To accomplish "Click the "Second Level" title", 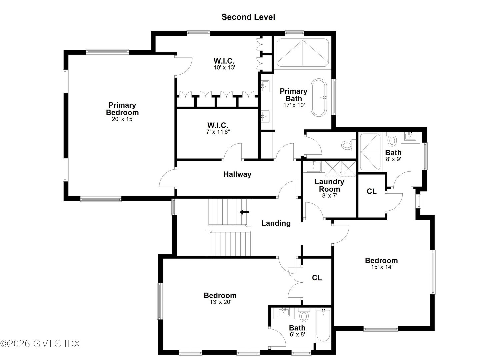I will [248, 17].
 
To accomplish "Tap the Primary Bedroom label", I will [122, 109].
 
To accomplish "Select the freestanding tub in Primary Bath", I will [319, 98].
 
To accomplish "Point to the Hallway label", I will [237, 174].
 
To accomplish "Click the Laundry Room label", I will [329, 185].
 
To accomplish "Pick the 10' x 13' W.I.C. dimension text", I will [224, 67].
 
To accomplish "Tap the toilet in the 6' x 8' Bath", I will [304, 315].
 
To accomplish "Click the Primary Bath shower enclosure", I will [303, 52].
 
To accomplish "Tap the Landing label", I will [276, 223].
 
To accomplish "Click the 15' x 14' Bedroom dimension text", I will [381, 267].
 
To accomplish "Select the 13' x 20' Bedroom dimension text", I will [220, 302].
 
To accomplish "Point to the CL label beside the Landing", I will [317, 278].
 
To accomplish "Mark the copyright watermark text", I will [40, 344].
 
